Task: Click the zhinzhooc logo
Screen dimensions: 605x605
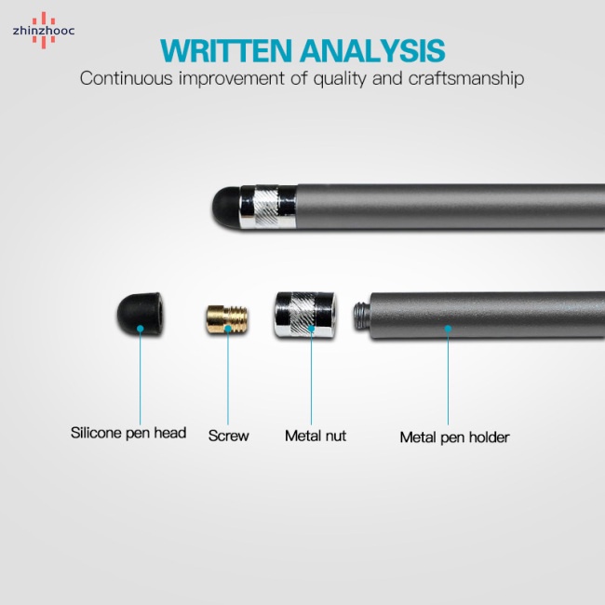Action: click(43, 31)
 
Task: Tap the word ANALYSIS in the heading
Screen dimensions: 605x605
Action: click(372, 50)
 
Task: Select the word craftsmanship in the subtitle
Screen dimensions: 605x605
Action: click(466, 78)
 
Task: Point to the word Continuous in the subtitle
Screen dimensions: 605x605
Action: click(127, 78)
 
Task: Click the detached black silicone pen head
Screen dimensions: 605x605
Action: click(140, 314)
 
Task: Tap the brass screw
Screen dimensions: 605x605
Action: click(226, 319)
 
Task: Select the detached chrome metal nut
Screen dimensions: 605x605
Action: click(305, 315)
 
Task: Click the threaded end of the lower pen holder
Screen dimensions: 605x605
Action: click(362, 316)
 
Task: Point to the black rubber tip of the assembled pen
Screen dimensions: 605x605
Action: click(226, 208)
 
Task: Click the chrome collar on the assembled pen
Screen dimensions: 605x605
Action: click(268, 207)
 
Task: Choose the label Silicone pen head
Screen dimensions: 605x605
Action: click(128, 433)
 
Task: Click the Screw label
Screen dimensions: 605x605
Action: click(228, 436)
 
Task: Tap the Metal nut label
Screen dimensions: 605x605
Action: click(316, 436)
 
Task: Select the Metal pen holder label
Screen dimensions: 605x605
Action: click(454, 437)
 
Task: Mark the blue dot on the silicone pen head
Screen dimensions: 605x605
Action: click(140, 329)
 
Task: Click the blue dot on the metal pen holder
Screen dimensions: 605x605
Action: click(448, 329)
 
